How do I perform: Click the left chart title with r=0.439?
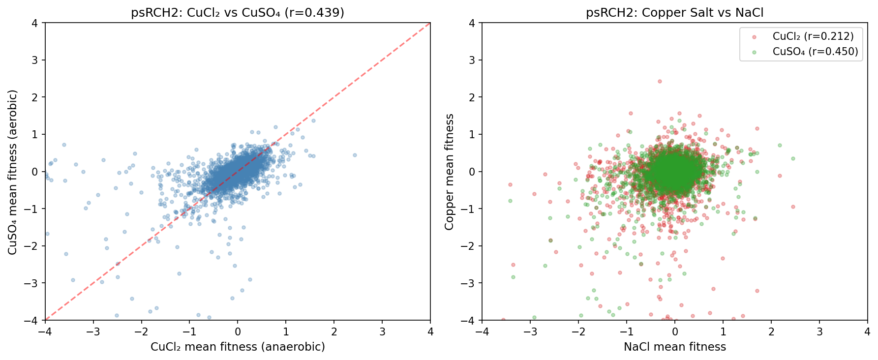click(x=238, y=12)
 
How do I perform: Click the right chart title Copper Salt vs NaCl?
click(x=674, y=12)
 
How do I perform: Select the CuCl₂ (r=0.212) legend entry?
click(x=813, y=36)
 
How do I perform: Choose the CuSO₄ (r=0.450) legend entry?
click(x=815, y=52)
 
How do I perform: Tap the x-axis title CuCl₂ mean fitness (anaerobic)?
click(x=238, y=347)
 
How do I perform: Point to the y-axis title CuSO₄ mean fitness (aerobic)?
click(x=13, y=172)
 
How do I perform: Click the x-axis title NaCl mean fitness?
click(x=674, y=347)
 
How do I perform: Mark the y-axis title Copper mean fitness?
click(x=449, y=172)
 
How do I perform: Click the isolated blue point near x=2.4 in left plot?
click(x=355, y=155)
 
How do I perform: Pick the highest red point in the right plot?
click(x=660, y=82)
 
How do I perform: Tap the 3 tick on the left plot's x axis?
click(x=382, y=332)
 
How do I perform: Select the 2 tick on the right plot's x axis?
click(x=771, y=332)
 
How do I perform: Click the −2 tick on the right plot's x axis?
click(x=578, y=332)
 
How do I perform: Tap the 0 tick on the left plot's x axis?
click(x=238, y=332)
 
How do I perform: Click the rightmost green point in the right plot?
click(x=793, y=158)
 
